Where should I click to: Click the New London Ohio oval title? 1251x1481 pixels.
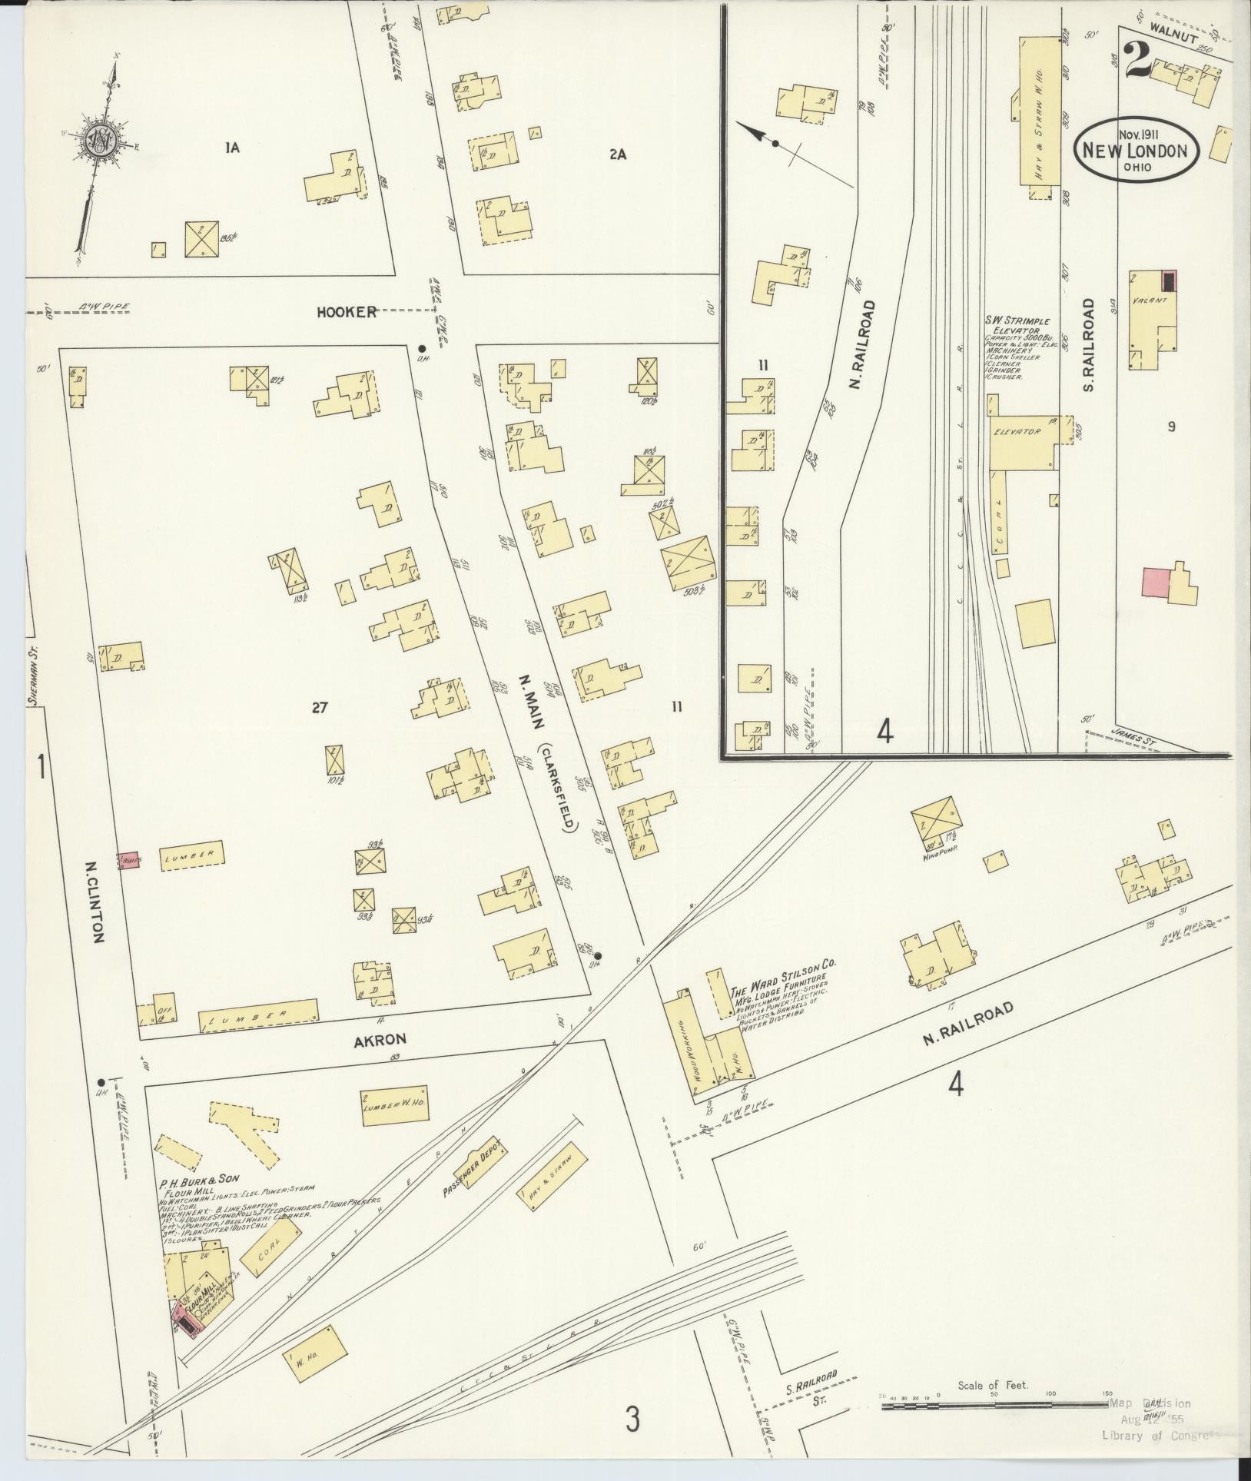[x=1135, y=149]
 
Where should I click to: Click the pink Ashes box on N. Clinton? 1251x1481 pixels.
[x=130, y=861]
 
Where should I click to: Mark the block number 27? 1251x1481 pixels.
[x=320, y=708]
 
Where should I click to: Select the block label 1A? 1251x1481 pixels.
[x=232, y=148]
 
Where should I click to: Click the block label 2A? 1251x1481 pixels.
[x=617, y=154]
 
